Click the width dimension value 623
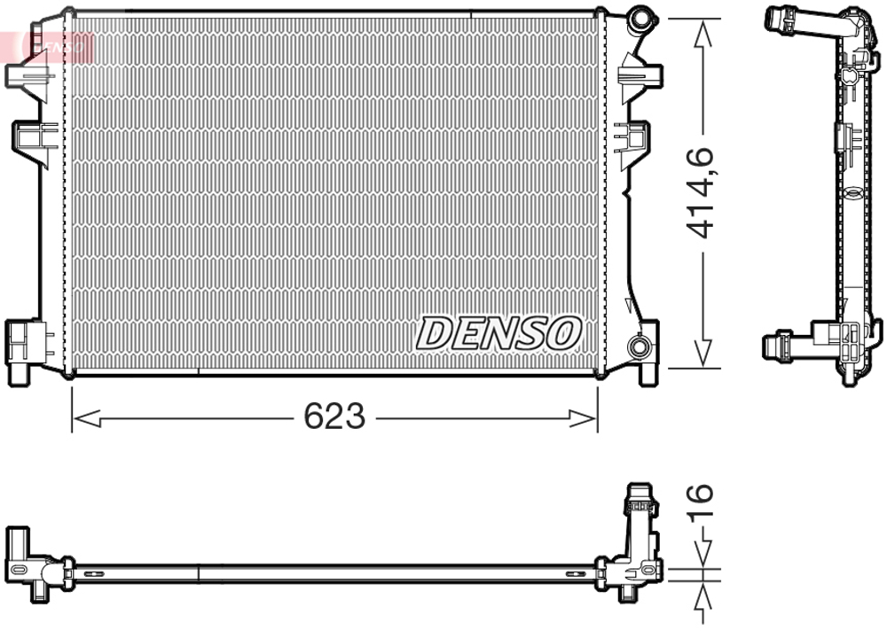pyautogui.click(x=334, y=416)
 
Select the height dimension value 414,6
pyautogui.click(x=702, y=193)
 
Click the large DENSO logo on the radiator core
pyautogui.click(x=499, y=332)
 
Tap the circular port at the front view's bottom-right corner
pyautogui.click(x=638, y=347)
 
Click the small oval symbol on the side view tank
pyautogui.click(x=849, y=196)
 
